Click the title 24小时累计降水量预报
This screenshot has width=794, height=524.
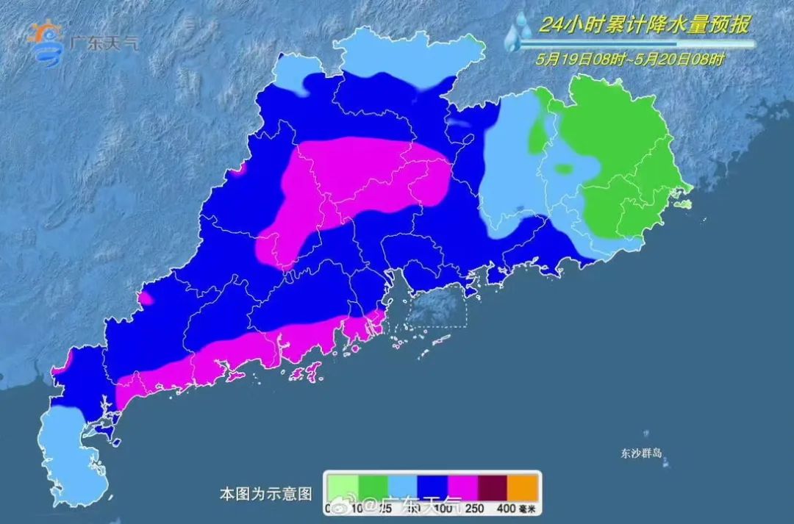644,26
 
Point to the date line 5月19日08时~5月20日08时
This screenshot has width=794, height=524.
630,60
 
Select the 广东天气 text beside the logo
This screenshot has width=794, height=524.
102,42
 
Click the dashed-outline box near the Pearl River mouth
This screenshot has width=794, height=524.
438,308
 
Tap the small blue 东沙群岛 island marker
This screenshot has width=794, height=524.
646,434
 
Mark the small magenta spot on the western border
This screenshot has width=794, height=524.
146,298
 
